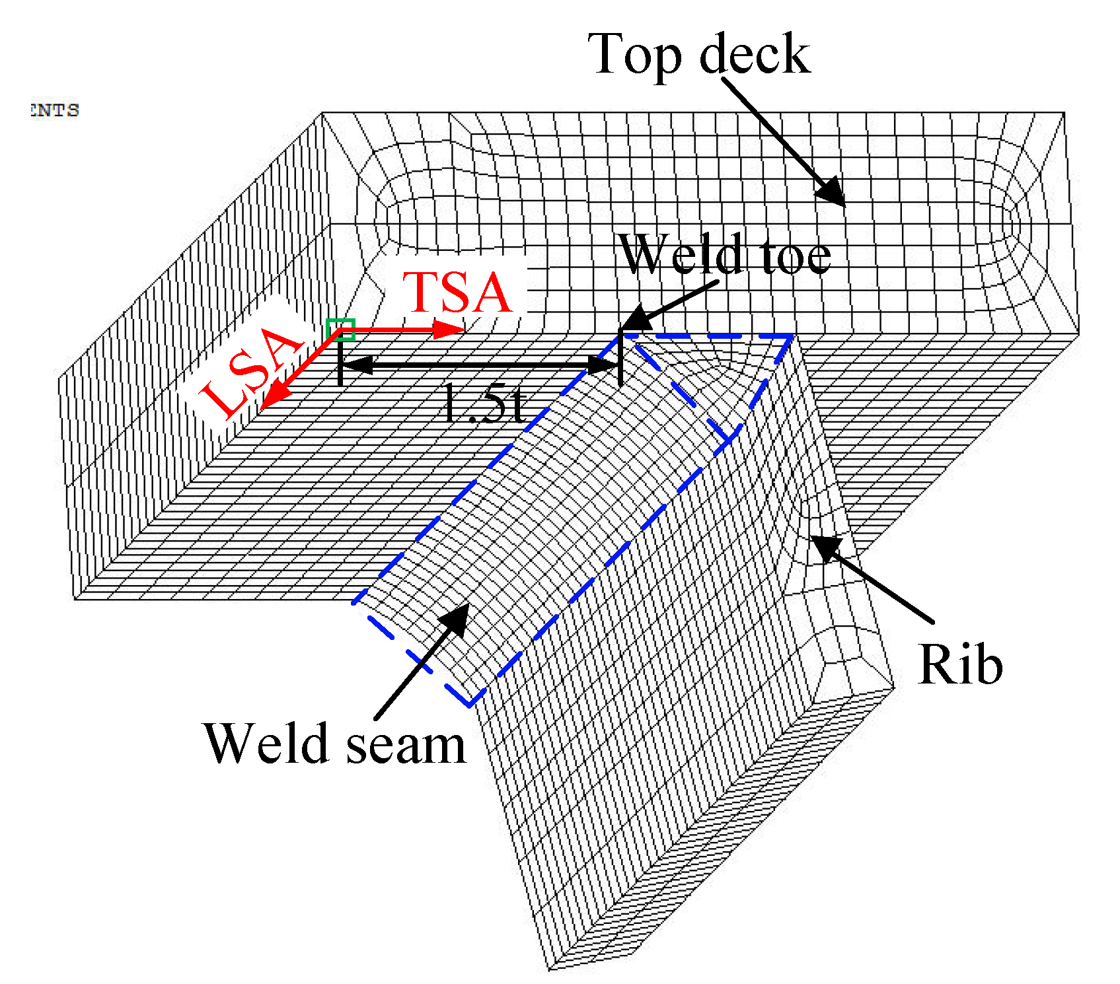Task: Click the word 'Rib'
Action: (960, 665)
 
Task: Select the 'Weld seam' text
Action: (335, 744)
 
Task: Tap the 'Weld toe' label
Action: (725, 255)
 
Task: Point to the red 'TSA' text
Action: (457, 293)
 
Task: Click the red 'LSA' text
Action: (251, 371)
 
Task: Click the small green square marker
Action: (340, 329)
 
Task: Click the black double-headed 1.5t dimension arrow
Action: (479, 364)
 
